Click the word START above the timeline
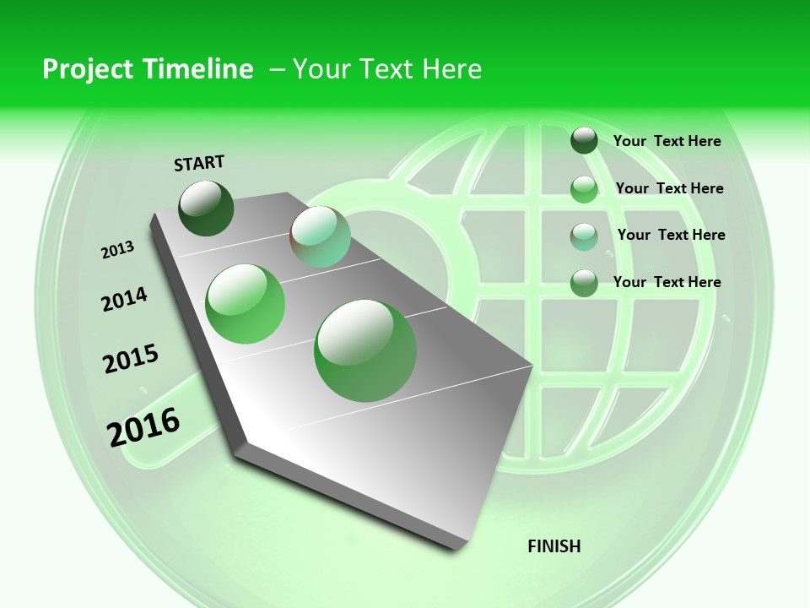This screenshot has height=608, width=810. (199, 162)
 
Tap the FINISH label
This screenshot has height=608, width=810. (554, 546)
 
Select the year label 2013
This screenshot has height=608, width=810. (117, 250)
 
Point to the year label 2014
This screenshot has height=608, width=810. (124, 299)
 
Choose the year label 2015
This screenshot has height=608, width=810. (131, 359)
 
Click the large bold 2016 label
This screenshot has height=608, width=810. (143, 426)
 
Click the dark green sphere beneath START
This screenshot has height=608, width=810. (207, 208)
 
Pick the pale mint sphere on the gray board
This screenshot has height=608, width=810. (320, 236)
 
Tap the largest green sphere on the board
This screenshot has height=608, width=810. (365, 350)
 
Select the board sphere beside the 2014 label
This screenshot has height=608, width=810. (246, 304)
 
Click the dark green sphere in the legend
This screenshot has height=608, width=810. (584, 140)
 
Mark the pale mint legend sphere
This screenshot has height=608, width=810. (584, 236)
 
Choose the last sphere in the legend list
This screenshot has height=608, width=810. (584, 283)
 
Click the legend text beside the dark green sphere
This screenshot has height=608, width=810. (667, 141)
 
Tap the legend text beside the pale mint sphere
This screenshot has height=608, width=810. (671, 235)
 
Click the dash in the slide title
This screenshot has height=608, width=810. (277, 69)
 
